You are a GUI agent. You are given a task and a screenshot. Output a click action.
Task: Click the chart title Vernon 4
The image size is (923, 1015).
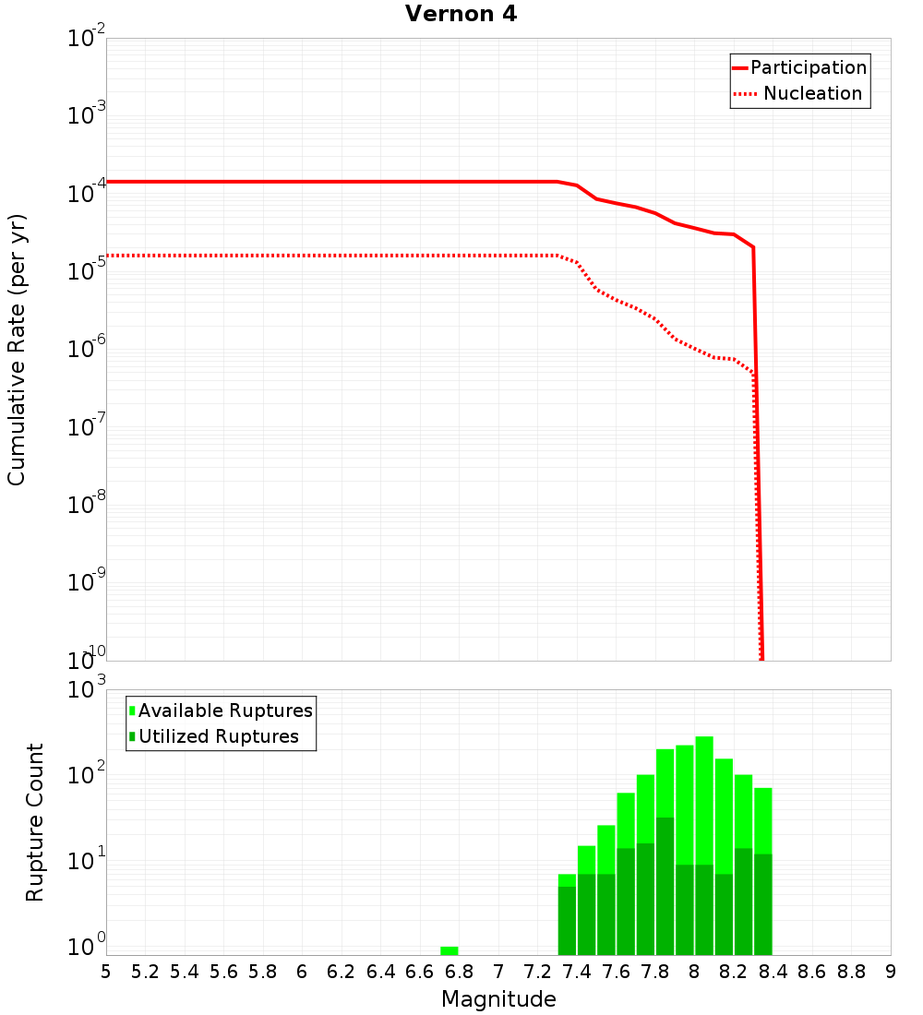pyautogui.click(x=461, y=14)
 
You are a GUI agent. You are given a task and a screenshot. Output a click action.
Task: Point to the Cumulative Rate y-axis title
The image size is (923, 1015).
pyautogui.click(x=17, y=349)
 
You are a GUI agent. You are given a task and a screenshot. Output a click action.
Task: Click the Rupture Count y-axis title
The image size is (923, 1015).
pyautogui.click(x=35, y=822)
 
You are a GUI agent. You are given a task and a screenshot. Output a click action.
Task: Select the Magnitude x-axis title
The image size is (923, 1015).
pyautogui.click(x=498, y=999)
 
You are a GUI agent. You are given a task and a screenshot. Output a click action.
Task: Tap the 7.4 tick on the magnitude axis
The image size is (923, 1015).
pyautogui.click(x=577, y=972)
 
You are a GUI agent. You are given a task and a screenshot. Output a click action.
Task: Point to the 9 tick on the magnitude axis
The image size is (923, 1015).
pyautogui.click(x=890, y=972)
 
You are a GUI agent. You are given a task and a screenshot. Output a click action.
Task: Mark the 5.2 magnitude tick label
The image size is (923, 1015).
pyautogui.click(x=146, y=972)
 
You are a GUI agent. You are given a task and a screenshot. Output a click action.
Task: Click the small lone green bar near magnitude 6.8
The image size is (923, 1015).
pyautogui.click(x=450, y=950)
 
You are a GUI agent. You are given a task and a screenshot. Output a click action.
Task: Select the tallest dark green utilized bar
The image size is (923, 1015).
pyautogui.click(x=665, y=886)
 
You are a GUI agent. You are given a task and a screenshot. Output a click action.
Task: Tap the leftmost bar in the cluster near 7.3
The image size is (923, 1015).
pyautogui.click(x=567, y=918)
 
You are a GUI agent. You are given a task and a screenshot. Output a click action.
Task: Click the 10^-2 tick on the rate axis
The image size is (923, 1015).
pyautogui.click(x=87, y=40)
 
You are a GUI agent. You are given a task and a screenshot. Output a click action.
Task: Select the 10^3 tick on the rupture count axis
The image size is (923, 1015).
pyautogui.click(x=89, y=690)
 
